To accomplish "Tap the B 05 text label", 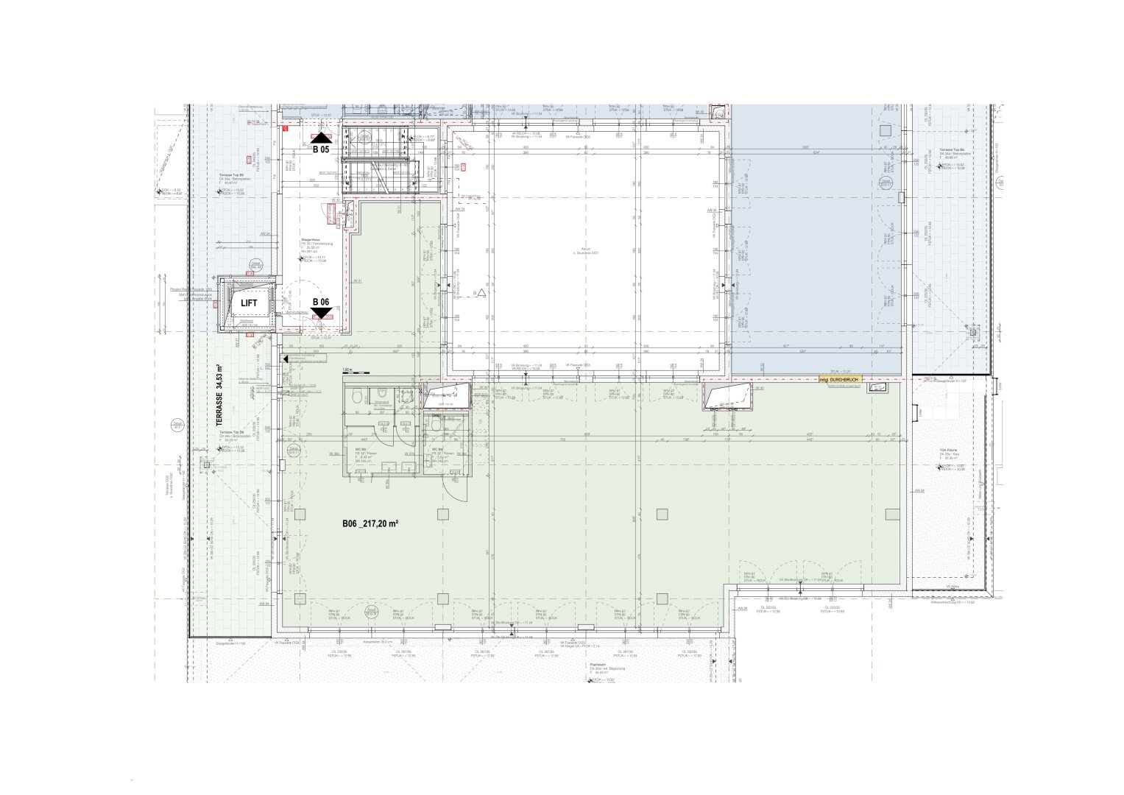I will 321,149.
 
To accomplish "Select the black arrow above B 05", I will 321,138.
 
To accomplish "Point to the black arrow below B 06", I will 321,314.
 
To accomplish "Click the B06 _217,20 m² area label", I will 370,524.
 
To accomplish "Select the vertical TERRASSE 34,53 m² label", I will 219,395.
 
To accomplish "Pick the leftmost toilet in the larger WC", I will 357,397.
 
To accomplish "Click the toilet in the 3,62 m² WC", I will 436,425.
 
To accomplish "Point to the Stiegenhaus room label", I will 309,240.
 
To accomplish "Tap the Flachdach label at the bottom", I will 597,663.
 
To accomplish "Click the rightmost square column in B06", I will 892,514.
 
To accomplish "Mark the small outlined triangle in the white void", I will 481,292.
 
